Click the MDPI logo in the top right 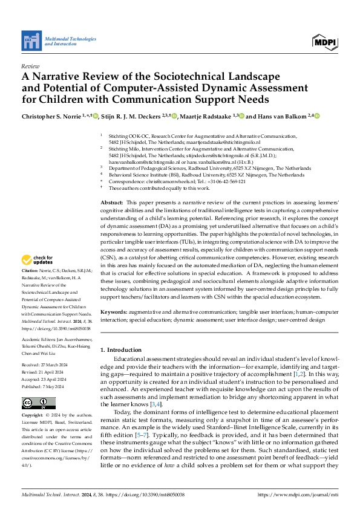(324, 41)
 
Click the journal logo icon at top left (31, 41)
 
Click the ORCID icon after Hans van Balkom (315, 116)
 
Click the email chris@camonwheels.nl (161, 181)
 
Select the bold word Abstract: (111, 202)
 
